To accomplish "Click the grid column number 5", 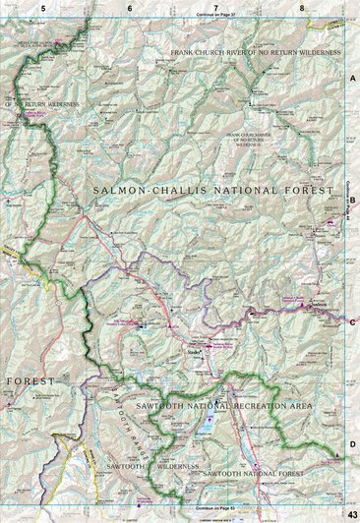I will [x=43, y=8].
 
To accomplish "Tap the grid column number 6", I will [x=129, y=8].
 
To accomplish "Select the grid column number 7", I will [x=215, y=8].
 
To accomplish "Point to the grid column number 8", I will [x=302, y=8].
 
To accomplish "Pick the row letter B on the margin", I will [x=352, y=199].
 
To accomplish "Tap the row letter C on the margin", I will [x=352, y=321].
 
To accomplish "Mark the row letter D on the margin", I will [x=352, y=445].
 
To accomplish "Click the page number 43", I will [x=351, y=515].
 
